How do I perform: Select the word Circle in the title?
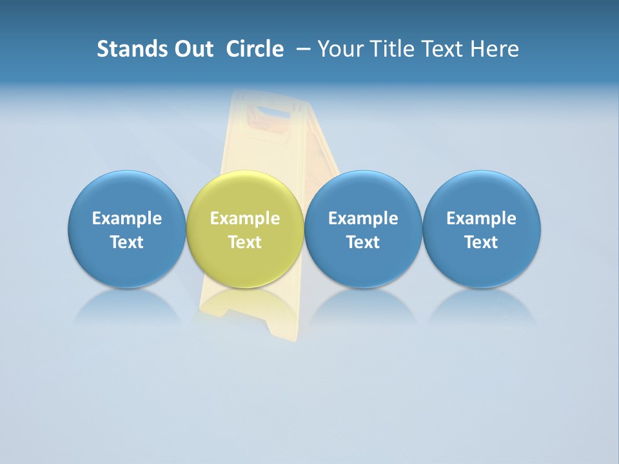point(255,49)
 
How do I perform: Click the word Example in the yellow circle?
point(245,218)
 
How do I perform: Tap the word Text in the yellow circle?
point(245,242)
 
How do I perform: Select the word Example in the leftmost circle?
point(126,218)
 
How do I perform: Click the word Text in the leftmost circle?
point(126,242)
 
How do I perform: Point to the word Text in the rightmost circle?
point(482,242)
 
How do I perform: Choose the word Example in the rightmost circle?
point(482,218)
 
